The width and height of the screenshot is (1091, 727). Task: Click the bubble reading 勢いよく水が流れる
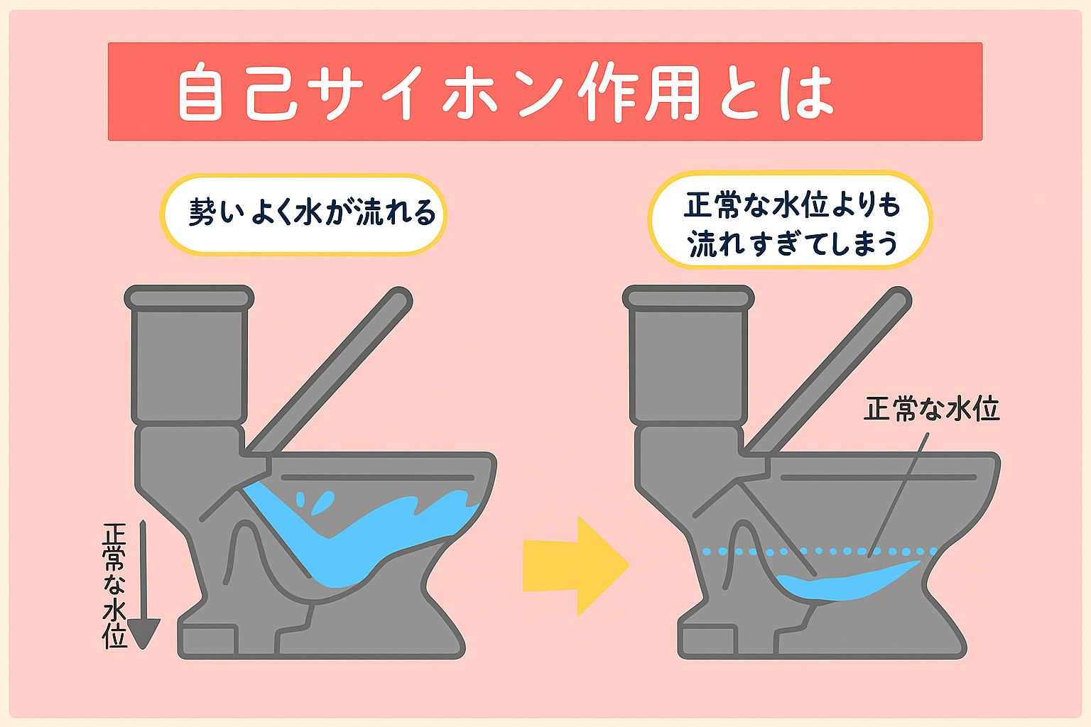pos(303,214)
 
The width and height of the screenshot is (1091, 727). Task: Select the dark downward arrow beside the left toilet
pos(143,589)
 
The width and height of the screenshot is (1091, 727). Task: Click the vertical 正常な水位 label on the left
pos(114,586)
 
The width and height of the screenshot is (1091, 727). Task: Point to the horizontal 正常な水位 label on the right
pos(931,410)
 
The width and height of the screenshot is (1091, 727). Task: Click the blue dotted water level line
pos(817,551)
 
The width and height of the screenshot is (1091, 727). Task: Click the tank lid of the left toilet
pos(189,298)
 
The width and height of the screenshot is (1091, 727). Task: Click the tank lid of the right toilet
pos(688,298)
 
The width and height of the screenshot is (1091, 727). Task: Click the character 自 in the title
pos(201,93)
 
